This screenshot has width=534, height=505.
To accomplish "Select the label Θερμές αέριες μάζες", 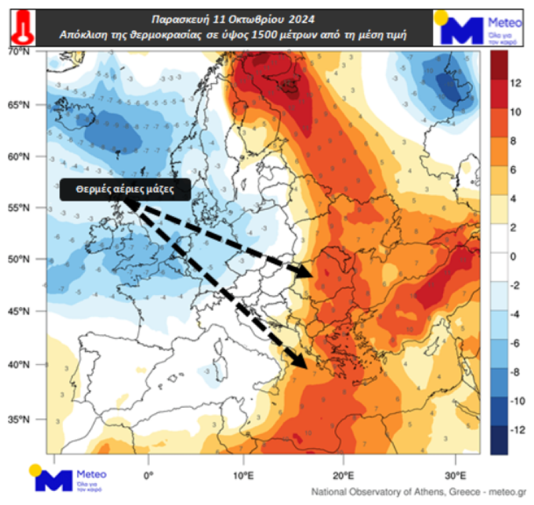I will (126, 189).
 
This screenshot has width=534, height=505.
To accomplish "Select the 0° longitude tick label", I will (148, 475).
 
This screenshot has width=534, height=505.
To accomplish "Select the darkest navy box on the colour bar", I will (498, 439).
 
